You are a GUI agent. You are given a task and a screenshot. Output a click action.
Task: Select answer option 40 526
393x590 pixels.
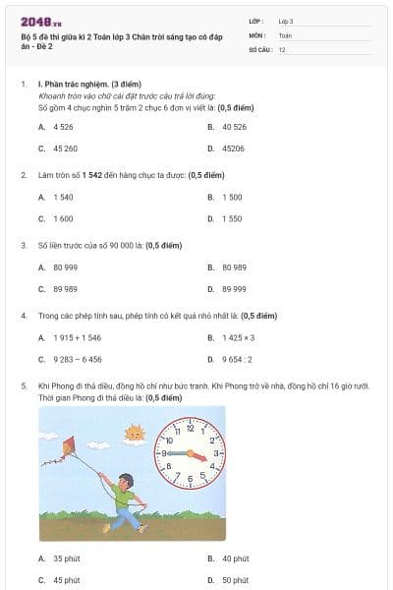pos(235,127)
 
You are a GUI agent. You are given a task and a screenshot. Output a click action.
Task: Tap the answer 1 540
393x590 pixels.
pos(63,197)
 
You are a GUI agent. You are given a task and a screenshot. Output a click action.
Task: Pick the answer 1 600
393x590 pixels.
pos(63,218)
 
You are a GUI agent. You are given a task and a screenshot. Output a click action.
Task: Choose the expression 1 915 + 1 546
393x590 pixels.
pos(77,337)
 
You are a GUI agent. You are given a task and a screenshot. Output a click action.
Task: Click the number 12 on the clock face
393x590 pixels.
pos(189,424)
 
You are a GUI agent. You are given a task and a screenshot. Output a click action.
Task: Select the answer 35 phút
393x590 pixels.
pos(66,559)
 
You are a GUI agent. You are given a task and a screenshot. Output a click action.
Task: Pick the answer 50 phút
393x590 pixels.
pos(235,580)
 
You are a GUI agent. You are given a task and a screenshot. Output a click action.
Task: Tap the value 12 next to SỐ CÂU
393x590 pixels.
pos(282,48)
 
